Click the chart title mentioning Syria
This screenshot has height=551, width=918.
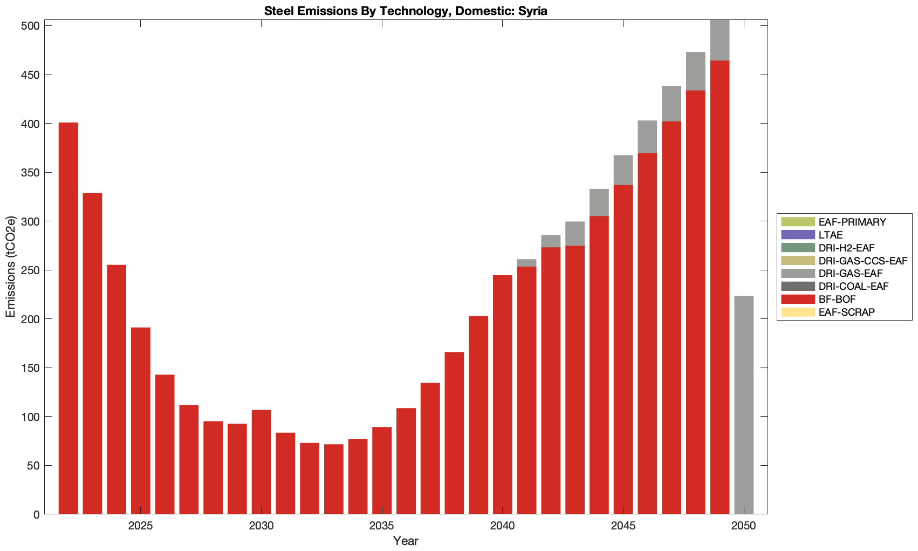[x=406, y=11]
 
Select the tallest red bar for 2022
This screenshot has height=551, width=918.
[x=68, y=318]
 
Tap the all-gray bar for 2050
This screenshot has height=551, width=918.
[x=744, y=405]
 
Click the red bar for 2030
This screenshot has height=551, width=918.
[x=261, y=462]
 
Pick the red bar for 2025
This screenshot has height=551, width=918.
[x=141, y=421]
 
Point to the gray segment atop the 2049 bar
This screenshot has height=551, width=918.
[x=720, y=40]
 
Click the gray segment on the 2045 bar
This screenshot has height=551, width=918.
[x=623, y=170]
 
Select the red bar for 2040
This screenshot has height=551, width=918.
[x=503, y=394]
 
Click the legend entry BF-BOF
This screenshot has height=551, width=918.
[x=837, y=300]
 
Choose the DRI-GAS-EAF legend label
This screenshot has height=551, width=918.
[x=851, y=274]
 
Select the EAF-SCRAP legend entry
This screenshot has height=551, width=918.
[x=846, y=312]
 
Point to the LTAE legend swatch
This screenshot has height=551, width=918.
[x=797, y=235]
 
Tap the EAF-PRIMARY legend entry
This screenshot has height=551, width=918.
[x=852, y=222]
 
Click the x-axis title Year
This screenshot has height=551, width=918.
[x=406, y=541]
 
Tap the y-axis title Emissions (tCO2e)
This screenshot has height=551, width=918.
[x=11, y=267]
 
